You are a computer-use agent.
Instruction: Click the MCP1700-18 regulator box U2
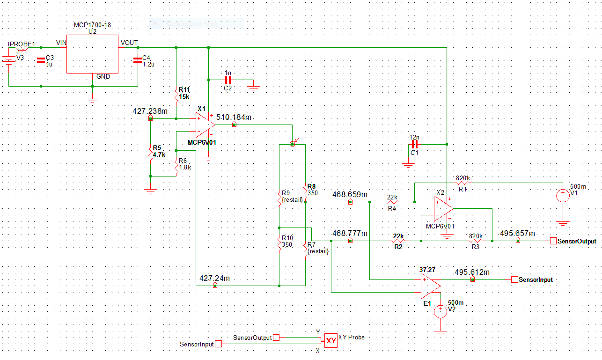[x=92, y=54]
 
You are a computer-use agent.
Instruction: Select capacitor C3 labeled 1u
[x=41, y=59]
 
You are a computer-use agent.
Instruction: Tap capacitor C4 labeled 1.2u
[x=137, y=59]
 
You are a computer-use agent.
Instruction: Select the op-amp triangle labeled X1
[x=205, y=125]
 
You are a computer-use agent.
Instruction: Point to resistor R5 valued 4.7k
[x=150, y=153]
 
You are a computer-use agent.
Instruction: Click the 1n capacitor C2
[x=228, y=80]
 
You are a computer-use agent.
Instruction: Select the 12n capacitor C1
[x=414, y=145]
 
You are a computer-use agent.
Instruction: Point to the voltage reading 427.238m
[x=150, y=111]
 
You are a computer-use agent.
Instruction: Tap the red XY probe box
[x=331, y=341]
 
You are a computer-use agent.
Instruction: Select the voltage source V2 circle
[x=440, y=311]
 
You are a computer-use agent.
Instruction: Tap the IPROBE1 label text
[x=22, y=44]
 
